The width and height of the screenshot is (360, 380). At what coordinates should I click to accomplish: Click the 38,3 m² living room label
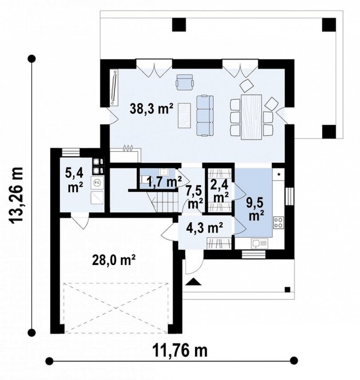pyautogui.click(x=151, y=108)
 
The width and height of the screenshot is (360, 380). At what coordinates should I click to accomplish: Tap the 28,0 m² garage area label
pyautogui.click(x=114, y=261)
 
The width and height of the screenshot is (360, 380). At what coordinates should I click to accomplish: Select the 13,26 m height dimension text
pyautogui.click(x=16, y=194)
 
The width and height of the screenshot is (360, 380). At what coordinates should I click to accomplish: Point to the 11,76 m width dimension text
pyautogui.click(x=180, y=350)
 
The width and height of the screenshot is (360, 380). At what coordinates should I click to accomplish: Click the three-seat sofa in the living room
pyautogui.click(x=204, y=115)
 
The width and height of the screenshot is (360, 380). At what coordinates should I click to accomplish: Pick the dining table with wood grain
pyautogui.click(x=251, y=117)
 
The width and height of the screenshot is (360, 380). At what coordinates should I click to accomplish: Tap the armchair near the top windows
pyautogui.click(x=185, y=82)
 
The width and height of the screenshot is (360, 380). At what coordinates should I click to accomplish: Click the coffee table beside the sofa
pyautogui.click(x=184, y=115)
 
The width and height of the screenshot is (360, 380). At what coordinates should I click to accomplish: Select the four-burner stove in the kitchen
pyautogui.click(x=279, y=223)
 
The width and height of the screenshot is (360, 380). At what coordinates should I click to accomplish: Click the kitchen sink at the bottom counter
pyautogui.click(x=260, y=243)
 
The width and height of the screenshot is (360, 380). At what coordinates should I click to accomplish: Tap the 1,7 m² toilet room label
pyautogui.click(x=164, y=182)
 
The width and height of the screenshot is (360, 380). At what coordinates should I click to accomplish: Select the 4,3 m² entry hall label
pyautogui.click(x=204, y=228)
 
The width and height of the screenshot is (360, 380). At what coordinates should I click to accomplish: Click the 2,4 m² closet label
pyautogui.click(x=220, y=192)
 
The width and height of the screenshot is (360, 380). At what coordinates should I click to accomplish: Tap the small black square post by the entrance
pyautogui.click(x=287, y=290)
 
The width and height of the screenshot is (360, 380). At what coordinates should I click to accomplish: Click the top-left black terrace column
pyautogui.click(x=179, y=25)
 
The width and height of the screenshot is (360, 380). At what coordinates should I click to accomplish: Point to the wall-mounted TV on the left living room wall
pyautogui.click(x=114, y=87)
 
